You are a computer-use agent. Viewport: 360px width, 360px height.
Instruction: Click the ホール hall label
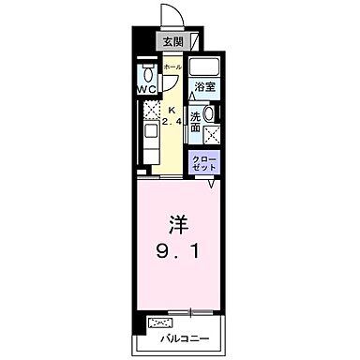coord(172,67)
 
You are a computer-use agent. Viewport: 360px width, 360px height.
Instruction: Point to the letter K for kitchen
coord(172,107)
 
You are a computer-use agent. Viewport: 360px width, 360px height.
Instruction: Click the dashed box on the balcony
coord(155,322)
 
